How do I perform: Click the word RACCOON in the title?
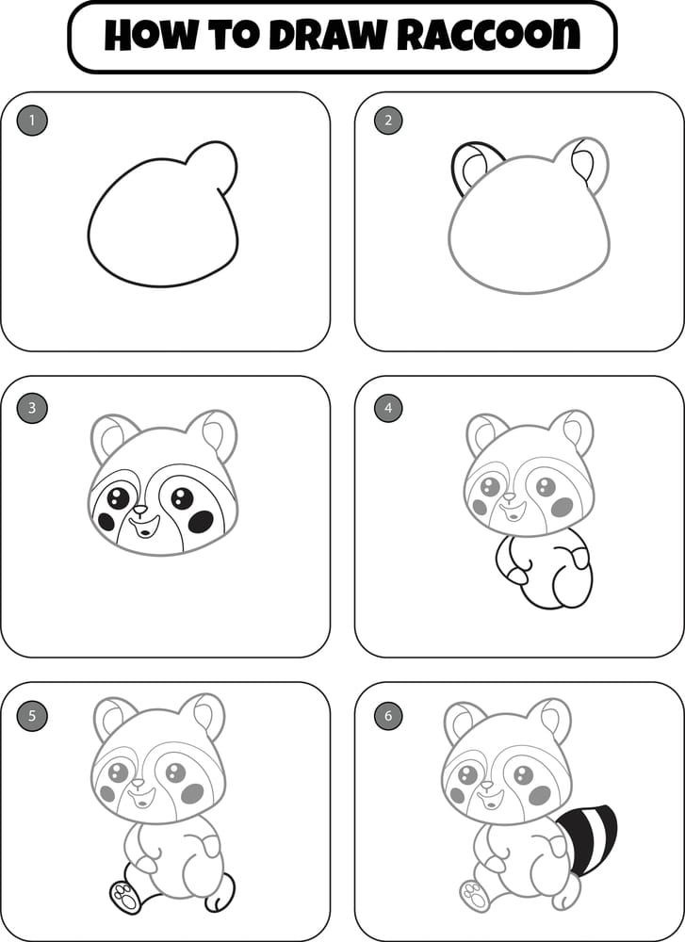click(x=489, y=36)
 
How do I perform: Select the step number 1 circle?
click(x=32, y=120)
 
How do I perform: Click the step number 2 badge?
click(x=387, y=120)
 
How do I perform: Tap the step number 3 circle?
click(x=32, y=408)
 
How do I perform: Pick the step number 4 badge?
click(x=387, y=408)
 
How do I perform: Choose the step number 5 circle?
click(x=32, y=715)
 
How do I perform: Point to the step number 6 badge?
click(x=387, y=715)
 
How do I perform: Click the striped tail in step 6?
click(x=586, y=836)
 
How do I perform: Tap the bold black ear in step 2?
click(x=468, y=168)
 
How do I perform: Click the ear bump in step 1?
click(x=216, y=165)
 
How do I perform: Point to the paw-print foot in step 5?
click(x=122, y=896)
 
